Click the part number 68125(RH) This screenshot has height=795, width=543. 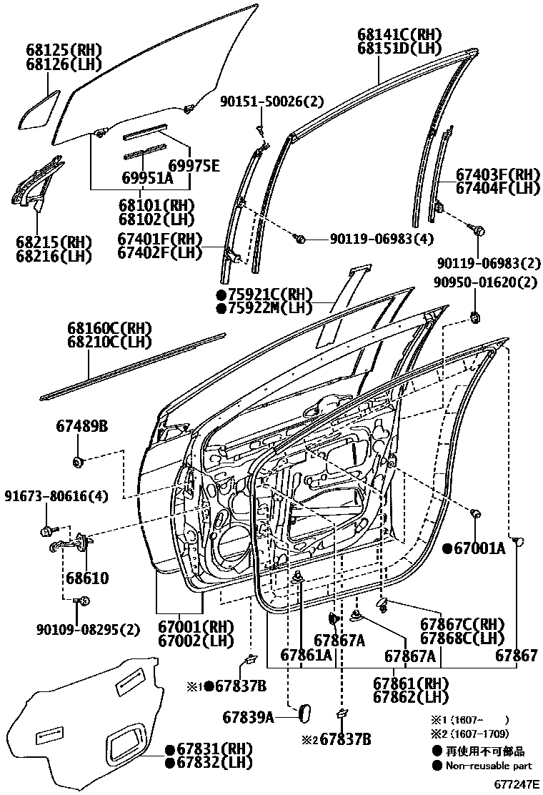[64, 50]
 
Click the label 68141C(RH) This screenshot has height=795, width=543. [399, 34]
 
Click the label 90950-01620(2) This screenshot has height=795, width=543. [484, 284]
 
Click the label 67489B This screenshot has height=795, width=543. [81, 427]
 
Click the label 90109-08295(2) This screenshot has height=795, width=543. [88, 629]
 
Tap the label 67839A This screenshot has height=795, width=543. [248, 716]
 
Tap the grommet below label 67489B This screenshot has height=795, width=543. [79, 461]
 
